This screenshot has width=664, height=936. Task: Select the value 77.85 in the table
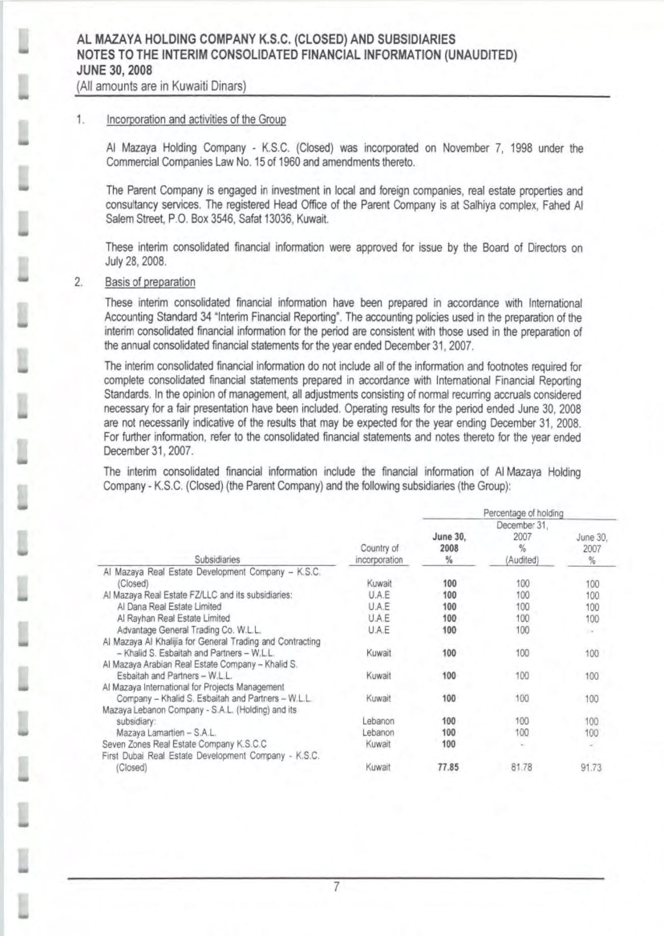pos(448,767)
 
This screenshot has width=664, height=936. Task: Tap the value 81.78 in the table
pos(521,767)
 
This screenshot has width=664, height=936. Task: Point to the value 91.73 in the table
pos(591,767)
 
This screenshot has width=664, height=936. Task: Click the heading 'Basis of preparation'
pos(150,282)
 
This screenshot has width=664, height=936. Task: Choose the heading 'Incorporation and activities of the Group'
pos(196,120)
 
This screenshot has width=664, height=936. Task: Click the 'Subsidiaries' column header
pos(221,559)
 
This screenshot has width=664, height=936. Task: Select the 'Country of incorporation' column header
pos(379,554)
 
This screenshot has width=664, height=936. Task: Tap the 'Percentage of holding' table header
pos(523,513)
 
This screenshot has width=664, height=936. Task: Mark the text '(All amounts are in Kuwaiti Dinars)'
pos(161,86)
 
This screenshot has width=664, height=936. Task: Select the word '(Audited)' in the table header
pos(522,560)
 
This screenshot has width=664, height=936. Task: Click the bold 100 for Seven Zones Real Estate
pos(448,744)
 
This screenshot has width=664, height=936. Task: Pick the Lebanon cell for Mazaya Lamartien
pos(378,733)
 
